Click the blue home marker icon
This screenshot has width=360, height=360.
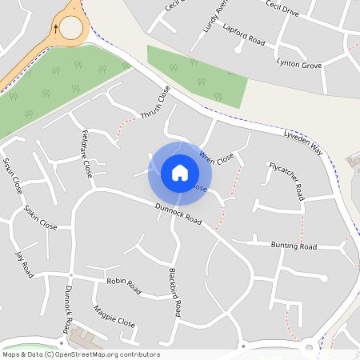click(x=180, y=173)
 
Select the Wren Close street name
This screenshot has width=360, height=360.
click(x=217, y=157)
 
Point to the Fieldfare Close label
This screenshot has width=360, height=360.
click(x=82, y=154)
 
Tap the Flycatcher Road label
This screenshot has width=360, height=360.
click(x=286, y=181)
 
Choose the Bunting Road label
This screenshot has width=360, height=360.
click(x=294, y=246)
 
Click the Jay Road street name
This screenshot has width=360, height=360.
click(x=24, y=264)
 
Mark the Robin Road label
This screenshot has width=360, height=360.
click(x=123, y=285)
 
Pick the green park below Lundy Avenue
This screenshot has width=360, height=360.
click(x=195, y=77)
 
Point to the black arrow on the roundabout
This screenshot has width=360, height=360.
click(x=55, y=26)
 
